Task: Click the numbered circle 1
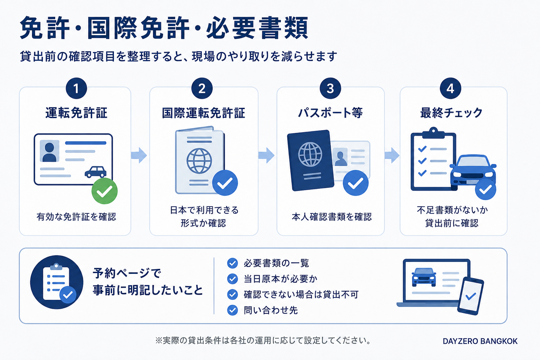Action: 76,88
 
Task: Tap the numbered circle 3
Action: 330,88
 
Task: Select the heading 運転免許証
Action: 76,113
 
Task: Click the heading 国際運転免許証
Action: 204,113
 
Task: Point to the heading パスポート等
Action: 330,113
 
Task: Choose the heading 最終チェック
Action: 451,113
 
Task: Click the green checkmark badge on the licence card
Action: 104,191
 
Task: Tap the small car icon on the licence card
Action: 96,172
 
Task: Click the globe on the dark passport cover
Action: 310,154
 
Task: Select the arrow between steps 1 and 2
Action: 139,155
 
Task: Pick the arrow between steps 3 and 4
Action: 392,155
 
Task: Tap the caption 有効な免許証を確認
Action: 76,217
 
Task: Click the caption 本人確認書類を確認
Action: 332,217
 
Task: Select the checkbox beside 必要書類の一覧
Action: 232,263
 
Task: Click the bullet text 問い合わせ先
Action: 271,310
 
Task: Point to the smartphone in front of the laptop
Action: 471,296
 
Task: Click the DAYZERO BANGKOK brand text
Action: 480,341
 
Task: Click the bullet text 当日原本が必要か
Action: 280,279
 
